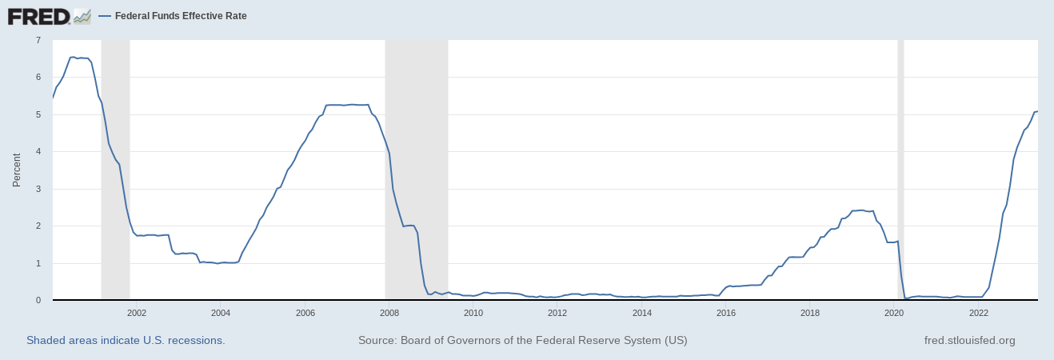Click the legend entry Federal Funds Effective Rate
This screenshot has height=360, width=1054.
coord(180,16)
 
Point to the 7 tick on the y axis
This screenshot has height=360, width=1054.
coord(38,40)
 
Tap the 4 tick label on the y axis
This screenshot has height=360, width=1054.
coord(38,152)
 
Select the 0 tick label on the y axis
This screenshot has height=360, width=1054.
coord(38,301)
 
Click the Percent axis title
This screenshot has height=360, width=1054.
coord(17,170)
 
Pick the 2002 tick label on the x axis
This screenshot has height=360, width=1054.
coord(136,313)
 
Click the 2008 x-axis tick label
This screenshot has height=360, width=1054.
coord(389,313)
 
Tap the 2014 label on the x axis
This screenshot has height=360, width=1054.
coord(641,313)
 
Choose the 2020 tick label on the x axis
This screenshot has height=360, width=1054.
coord(894,313)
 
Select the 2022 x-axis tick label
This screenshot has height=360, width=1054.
coord(979,313)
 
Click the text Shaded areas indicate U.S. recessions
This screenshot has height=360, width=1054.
coord(126,340)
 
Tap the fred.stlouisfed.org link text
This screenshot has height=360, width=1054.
coord(969,340)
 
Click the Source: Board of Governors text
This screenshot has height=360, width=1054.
coord(522,340)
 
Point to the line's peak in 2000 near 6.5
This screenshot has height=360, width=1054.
coord(73,57)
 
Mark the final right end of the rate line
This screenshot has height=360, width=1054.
coord(1037,111)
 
